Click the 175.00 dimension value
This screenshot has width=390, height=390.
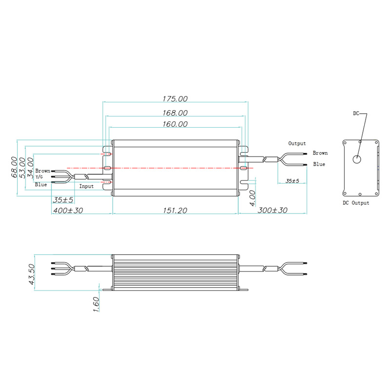pyautogui.click(x=175, y=99)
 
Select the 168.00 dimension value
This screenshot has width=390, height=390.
pyautogui.click(x=175, y=113)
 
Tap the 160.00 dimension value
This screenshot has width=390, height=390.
pyautogui.click(x=175, y=124)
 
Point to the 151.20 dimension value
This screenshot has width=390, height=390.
pyautogui.click(x=175, y=211)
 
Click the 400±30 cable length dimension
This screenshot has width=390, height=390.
pyautogui.click(x=68, y=211)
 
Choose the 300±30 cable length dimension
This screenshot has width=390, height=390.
pyautogui.click(x=273, y=210)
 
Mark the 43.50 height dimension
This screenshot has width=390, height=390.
pyautogui.click(x=32, y=274)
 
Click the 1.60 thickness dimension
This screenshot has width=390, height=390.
pyautogui.click(x=96, y=304)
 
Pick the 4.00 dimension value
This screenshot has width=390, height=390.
pyautogui.click(x=252, y=198)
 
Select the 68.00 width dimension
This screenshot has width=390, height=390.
pyautogui.click(x=14, y=167)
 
